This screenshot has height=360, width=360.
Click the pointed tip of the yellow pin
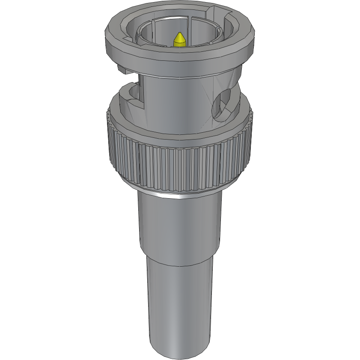[x=180, y=33]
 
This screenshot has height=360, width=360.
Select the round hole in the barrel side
[x=224, y=104]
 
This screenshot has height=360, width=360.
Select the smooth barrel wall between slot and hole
[x=180, y=98]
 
